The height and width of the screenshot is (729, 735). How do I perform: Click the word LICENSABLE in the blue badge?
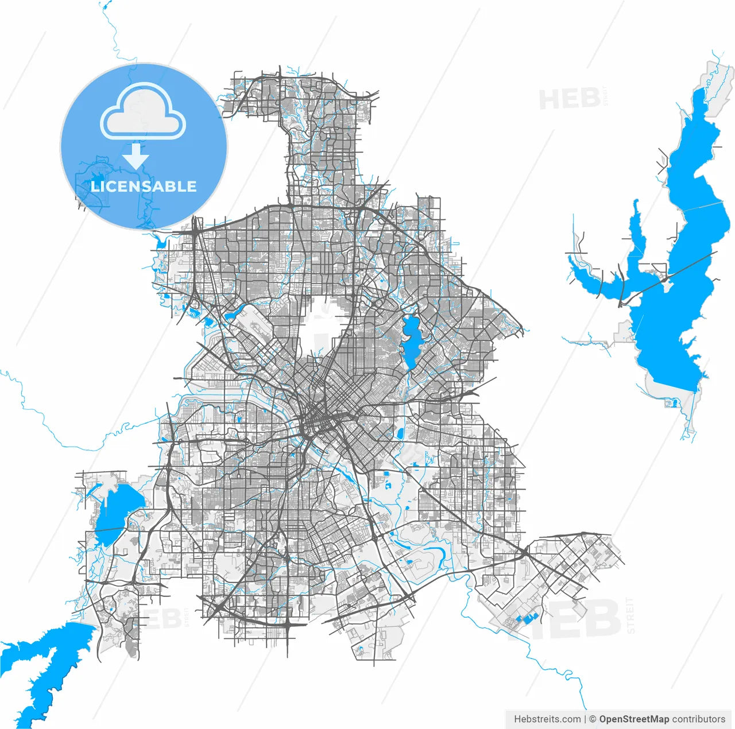point(144,187)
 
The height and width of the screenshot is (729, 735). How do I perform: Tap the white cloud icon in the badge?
point(143,112)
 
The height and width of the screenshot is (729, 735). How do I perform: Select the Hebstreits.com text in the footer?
point(547,719)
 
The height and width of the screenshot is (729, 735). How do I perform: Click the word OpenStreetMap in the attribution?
point(634,719)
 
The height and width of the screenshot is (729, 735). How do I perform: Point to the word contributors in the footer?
point(699,719)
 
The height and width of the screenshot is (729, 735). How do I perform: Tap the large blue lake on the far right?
point(672,321)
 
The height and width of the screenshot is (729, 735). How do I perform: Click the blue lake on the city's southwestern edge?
point(115,511)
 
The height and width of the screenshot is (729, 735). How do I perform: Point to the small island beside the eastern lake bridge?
point(666,280)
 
